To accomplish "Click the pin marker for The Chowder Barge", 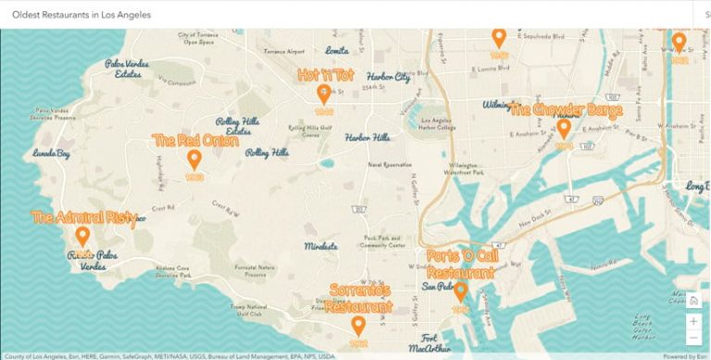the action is pyautogui.click(x=563, y=128).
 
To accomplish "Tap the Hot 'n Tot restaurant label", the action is pyautogui.click(x=325, y=74).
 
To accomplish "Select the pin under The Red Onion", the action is pyautogui.click(x=194, y=159).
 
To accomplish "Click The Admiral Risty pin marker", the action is pyautogui.click(x=82, y=237).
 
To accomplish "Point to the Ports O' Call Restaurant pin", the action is pyautogui.click(x=460, y=292).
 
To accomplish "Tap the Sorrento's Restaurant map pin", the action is pyautogui.click(x=357, y=326).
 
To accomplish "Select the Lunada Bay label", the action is pyautogui.click(x=51, y=153).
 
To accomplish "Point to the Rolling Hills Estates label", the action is pyautogui.click(x=238, y=126).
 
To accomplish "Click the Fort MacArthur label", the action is pyautogui.click(x=428, y=341).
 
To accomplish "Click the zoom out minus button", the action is pyautogui.click(x=693, y=339).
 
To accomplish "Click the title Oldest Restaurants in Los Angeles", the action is pyautogui.click(x=81, y=15).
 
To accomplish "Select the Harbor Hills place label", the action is pyautogui.click(x=368, y=137).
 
